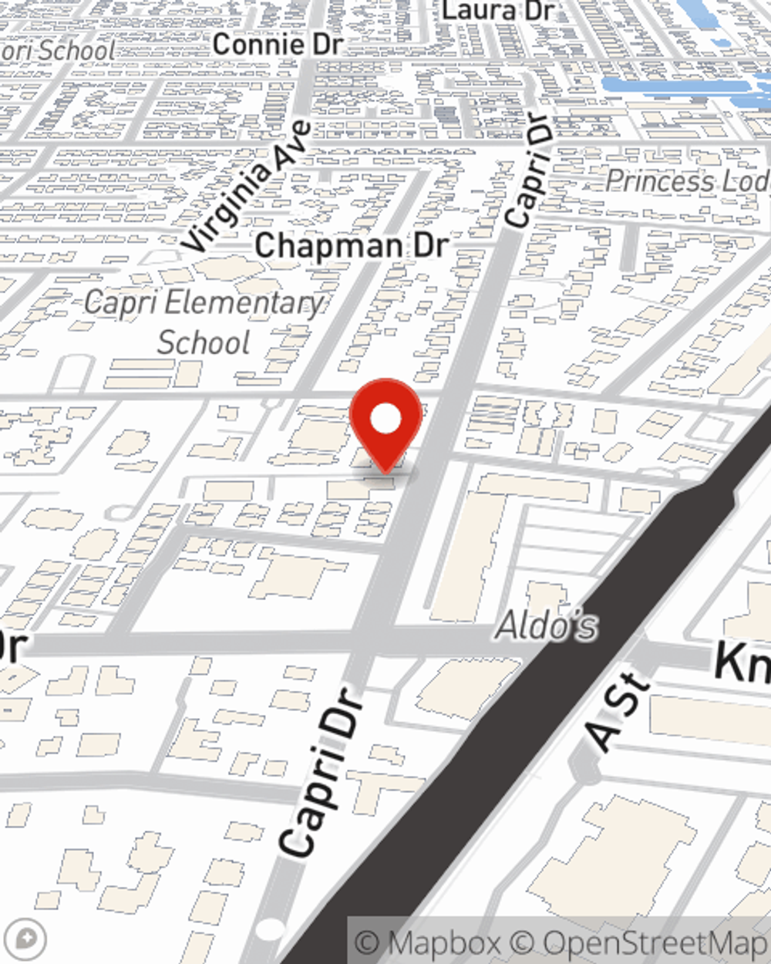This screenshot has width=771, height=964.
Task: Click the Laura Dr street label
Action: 498,11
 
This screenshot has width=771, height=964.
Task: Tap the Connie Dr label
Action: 277,45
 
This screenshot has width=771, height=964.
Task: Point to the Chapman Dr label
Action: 352,246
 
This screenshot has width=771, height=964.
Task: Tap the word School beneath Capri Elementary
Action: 204,342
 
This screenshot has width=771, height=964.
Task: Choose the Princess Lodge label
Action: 686,182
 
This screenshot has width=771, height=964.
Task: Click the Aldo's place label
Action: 546,625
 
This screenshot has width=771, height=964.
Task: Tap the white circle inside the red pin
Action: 385,420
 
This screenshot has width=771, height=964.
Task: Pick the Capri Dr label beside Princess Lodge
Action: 530,171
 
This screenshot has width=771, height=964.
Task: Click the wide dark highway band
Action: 540,694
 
